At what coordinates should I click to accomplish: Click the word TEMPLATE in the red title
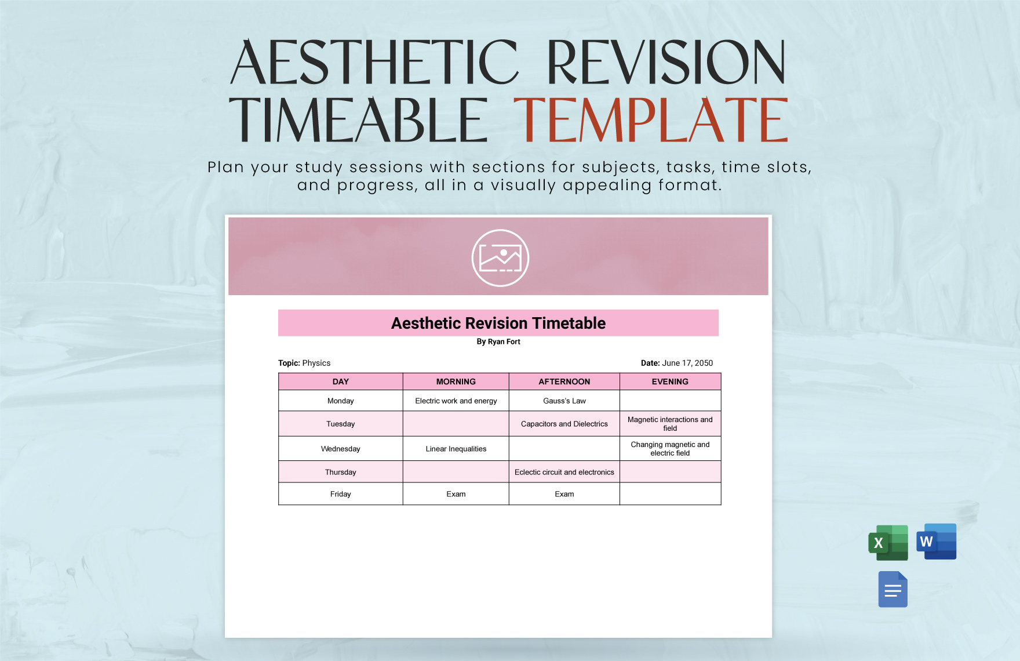[x=650, y=120]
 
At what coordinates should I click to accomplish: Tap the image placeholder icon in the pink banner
[x=500, y=258]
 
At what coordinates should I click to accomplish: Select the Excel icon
[x=888, y=543]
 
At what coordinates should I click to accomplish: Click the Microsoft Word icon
[x=936, y=542]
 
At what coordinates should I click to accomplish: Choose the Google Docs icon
[x=893, y=590]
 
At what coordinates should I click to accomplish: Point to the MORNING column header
[x=456, y=382]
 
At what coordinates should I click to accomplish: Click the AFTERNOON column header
[x=564, y=382]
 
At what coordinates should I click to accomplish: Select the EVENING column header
[x=670, y=382]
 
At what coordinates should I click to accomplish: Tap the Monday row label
[x=340, y=401]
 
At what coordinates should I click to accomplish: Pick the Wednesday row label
[x=340, y=449]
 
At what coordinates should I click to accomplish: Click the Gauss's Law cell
[x=564, y=401]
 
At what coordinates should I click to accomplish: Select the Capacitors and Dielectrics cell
[x=564, y=424]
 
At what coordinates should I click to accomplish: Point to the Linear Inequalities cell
[x=456, y=449]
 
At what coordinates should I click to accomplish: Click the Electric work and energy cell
[x=456, y=401]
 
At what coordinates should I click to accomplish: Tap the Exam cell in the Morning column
[x=456, y=494]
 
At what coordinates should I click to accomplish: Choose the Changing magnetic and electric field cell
[x=670, y=449]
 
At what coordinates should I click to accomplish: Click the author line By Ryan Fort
[x=498, y=342]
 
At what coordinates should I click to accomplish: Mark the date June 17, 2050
[x=687, y=363]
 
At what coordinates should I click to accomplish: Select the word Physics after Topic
[x=316, y=363]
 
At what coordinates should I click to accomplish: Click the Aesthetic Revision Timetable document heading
[x=498, y=323]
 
